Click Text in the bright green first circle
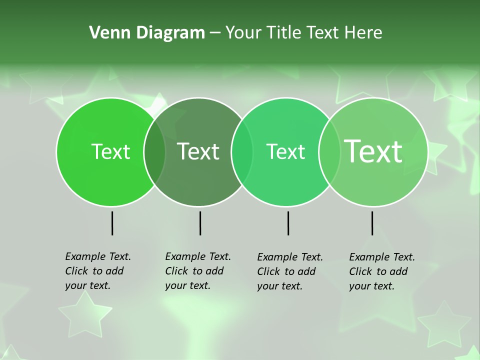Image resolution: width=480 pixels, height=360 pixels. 110,152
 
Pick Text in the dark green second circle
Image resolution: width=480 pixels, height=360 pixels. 198,152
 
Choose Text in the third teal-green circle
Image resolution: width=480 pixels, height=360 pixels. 285,152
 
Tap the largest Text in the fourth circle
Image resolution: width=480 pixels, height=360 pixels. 373,151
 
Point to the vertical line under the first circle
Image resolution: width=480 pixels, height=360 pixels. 112,223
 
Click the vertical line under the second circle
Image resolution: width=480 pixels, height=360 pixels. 200,223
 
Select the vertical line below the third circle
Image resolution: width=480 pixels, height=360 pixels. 288,223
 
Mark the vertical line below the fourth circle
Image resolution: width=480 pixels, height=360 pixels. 372,223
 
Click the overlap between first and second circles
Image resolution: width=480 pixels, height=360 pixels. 154,152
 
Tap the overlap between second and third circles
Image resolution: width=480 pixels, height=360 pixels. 242,152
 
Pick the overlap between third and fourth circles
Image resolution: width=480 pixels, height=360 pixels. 329,152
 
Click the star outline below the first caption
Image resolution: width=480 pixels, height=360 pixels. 85,315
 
